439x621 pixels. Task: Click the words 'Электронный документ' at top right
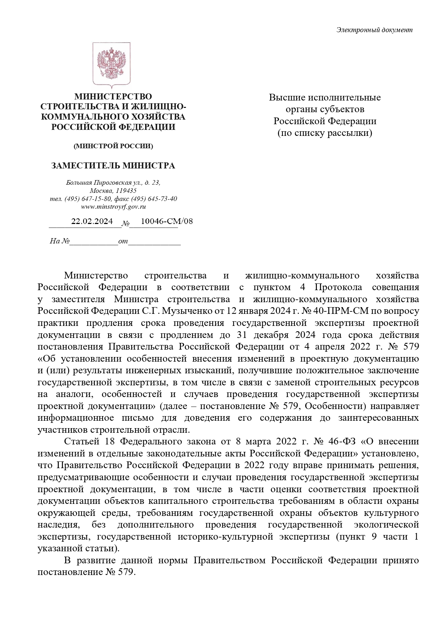click(374, 30)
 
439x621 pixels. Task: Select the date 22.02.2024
click(92, 222)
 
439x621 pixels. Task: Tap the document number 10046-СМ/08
click(167, 222)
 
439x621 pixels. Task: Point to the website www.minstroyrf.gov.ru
click(113, 207)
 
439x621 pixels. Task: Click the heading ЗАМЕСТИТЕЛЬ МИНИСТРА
click(113, 166)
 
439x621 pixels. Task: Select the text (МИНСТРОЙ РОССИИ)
click(113, 146)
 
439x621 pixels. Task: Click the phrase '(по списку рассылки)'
click(325, 133)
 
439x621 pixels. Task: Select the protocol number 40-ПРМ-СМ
click(330, 311)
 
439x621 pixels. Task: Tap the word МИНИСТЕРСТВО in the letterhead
click(113, 97)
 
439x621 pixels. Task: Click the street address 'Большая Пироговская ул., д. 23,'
click(113, 183)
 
